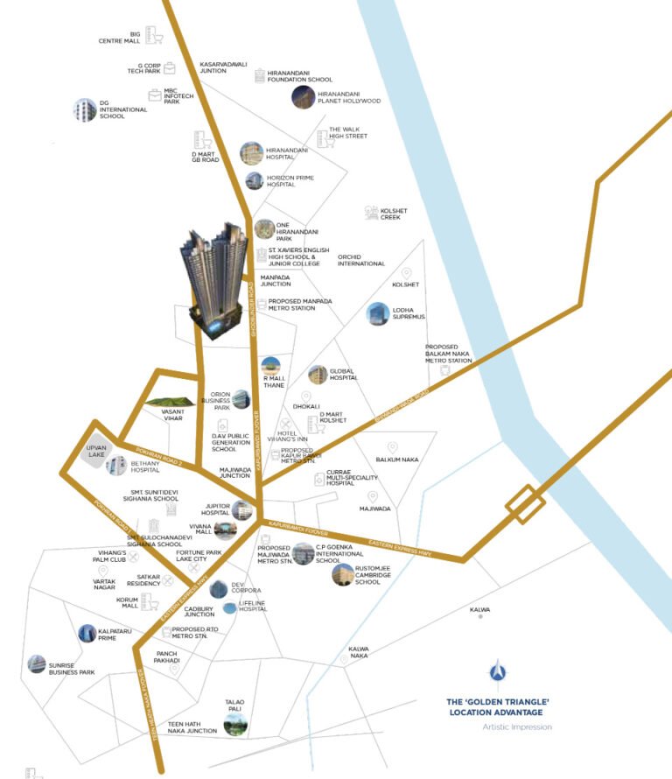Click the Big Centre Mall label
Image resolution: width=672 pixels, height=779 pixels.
(123, 37)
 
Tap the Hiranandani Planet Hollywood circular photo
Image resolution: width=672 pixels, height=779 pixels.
(303, 96)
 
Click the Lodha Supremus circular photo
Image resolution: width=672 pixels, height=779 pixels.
(378, 315)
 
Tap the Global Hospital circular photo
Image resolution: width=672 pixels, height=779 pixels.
(317, 375)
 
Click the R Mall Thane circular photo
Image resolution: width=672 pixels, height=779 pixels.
(271, 367)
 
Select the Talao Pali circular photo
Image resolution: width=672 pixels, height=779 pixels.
(234, 723)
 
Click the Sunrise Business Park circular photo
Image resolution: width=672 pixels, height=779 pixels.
(37, 665)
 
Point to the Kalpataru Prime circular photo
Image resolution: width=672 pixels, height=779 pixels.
(87, 634)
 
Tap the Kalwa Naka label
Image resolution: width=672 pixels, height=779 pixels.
(359, 652)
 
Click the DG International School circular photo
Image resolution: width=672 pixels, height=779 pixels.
(85, 110)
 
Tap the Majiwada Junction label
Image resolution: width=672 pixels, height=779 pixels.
(234, 473)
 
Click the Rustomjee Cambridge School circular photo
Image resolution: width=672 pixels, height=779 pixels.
(342, 574)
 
